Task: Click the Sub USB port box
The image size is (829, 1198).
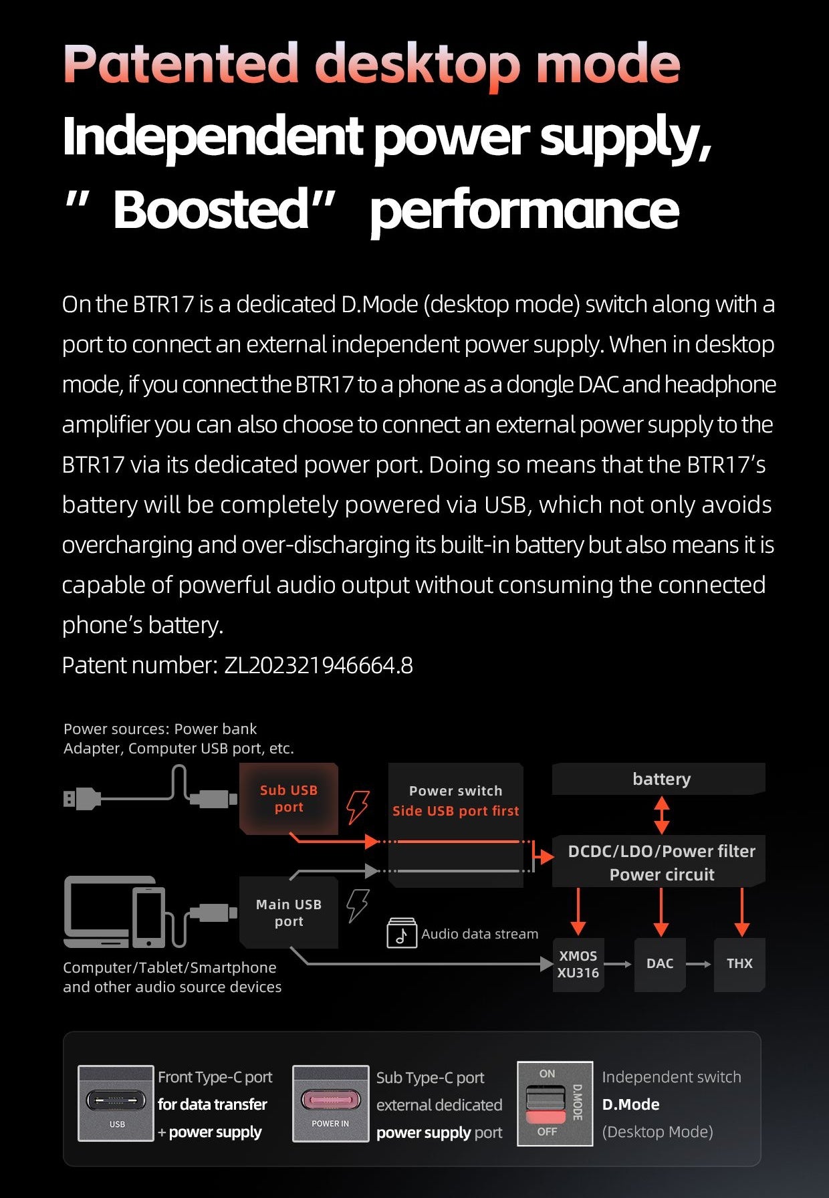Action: pos(289,798)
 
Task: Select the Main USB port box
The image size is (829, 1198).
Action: pos(289,913)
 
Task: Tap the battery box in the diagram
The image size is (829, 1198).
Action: pos(661,779)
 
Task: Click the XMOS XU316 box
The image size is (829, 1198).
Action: pos(578,964)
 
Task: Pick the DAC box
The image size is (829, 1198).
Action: pos(660,963)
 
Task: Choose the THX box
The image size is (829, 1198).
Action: pos(739,963)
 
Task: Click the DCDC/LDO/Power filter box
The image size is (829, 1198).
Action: pos(661,862)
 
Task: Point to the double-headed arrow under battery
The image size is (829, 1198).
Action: pos(662,815)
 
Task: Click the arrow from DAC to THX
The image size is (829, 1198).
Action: pos(699,964)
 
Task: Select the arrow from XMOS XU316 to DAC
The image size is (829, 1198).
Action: pos(619,964)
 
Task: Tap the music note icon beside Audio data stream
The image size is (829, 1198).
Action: pos(402,933)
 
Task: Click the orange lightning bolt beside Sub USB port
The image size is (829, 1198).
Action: pos(358,806)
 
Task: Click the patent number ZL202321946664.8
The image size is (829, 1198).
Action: pos(318,665)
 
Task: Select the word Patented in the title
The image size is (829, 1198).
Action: pos(181,64)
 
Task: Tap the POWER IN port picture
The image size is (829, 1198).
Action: pos(331,1103)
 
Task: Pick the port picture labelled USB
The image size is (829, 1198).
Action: pos(116,1103)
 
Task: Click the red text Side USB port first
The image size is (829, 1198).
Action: pos(455,811)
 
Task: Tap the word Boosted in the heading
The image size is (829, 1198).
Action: pos(211,209)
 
